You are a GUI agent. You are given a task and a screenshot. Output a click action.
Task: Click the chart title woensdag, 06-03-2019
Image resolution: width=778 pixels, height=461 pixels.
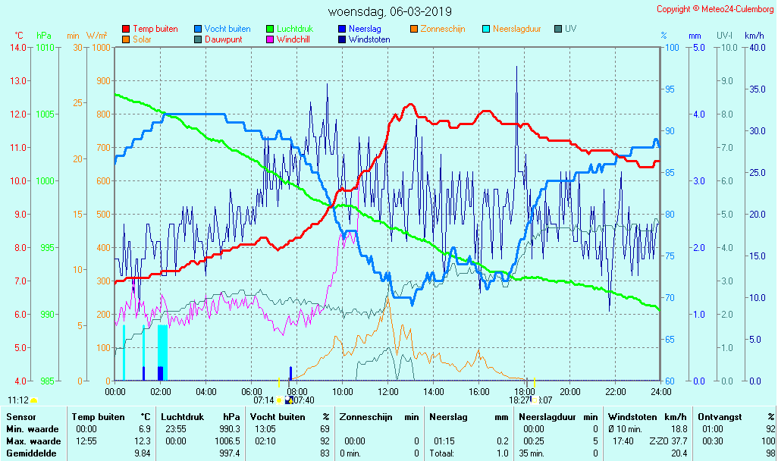pos(389,11)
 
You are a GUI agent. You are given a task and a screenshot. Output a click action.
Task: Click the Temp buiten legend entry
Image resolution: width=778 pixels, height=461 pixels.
pos(155,29)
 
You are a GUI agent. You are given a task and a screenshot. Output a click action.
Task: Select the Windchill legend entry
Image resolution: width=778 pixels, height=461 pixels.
pos(292,39)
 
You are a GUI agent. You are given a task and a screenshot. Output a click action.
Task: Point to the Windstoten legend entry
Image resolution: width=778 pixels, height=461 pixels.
pos(369,39)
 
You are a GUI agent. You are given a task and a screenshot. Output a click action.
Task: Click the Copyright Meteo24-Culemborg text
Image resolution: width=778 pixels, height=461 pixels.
pos(715,9)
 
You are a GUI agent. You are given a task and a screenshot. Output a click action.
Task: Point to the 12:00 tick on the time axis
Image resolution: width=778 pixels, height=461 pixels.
pos(388,391)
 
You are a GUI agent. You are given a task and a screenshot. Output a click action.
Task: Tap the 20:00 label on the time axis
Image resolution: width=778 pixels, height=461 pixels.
pos(570,391)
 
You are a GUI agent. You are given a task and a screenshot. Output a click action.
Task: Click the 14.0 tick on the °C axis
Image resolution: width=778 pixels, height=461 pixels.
pos(18,48)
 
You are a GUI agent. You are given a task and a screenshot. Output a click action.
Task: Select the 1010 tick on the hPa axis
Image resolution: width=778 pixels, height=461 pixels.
pos(45,48)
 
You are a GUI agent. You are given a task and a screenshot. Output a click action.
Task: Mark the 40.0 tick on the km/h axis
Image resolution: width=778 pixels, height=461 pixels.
pos(754,48)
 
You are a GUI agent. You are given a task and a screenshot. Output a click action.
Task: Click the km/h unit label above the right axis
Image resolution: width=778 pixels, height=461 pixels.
pos(754,36)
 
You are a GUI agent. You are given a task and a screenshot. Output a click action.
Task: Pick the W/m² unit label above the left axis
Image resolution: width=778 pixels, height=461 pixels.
pos(96,36)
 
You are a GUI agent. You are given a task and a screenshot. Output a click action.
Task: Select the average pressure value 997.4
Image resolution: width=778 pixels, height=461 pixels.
pos(229,453)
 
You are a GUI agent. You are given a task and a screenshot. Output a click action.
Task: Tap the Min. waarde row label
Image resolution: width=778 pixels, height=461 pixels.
pos(33,429)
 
